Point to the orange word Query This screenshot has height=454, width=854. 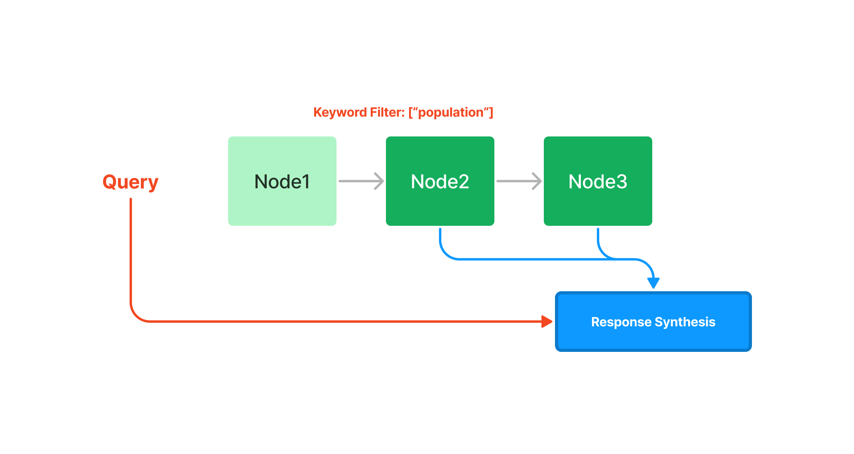[130, 182]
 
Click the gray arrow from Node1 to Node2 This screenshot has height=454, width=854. [361, 181]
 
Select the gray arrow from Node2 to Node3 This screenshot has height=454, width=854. [519, 181]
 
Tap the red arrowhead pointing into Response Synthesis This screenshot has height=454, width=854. [547, 321]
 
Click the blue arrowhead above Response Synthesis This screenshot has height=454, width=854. [653, 282]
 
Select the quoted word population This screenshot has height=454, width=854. [451, 113]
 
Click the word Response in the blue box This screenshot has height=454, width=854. [621, 322]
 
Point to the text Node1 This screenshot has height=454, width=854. [282, 182]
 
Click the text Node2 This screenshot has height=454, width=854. [440, 182]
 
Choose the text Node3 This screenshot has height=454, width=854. [598, 182]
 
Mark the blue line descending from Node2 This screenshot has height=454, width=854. [440, 239]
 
